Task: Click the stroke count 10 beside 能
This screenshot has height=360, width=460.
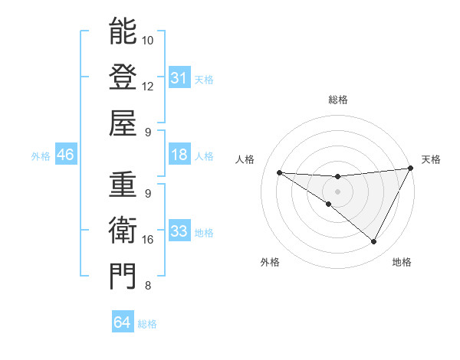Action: [148, 40]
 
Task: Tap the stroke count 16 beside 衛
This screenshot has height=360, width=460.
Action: [148, 239]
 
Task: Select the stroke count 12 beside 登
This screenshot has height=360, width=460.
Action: [148, 86]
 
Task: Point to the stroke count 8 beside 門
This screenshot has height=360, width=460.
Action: [147, 286]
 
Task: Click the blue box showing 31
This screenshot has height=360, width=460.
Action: [179, 78]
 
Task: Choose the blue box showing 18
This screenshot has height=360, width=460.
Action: [179, 155]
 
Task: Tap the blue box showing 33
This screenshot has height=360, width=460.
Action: [179, 231]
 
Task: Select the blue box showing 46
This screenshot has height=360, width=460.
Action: [65, 155]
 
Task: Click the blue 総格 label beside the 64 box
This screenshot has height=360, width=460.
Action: [147, 324]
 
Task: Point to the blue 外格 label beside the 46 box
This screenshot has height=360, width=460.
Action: [41, 156]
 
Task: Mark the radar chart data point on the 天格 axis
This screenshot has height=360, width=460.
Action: [411, 169]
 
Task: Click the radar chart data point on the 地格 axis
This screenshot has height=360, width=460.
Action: [374, 242]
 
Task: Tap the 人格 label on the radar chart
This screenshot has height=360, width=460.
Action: [245, 159]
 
